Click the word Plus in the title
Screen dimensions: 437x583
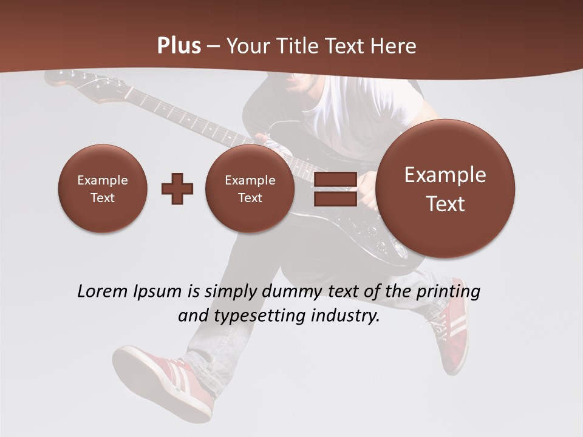point(179,46)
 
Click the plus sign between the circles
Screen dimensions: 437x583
point(177,189)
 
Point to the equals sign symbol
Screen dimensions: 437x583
point(335,189)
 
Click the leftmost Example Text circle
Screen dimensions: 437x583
point(103,189)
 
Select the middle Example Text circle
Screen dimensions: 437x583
point(250,189)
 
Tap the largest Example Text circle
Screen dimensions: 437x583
point(445,189)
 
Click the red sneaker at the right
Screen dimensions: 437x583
point(449,328)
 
